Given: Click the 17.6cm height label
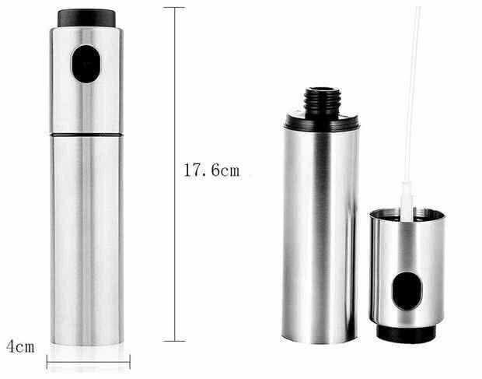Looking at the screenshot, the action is tap(211, 170).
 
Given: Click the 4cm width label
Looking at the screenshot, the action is tap(20, 346).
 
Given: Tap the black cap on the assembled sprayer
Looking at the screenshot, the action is tap(87, 18).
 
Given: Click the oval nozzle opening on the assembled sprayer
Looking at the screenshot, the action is tap(86, 64).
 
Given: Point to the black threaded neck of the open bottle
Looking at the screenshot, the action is tap(323, 103).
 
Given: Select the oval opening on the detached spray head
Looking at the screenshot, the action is tap(407, 291).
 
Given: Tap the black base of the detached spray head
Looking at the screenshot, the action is tap(406, 334).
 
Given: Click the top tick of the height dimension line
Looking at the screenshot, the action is tap(175, 7).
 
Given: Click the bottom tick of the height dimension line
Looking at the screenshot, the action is tap(174, 341).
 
